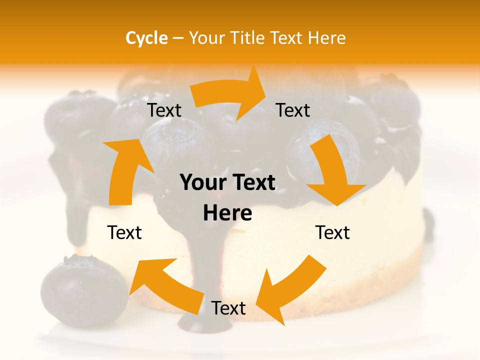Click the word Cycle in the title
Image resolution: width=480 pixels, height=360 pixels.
[146, 38]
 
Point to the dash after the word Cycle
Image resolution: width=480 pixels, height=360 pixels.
[178, 38]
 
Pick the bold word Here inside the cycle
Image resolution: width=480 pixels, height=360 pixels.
[227, 213]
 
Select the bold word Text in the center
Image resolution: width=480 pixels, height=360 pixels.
[253, 183]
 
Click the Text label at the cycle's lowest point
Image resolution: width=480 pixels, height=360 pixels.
[228, 308]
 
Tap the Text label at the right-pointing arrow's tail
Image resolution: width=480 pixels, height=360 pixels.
[164, 110]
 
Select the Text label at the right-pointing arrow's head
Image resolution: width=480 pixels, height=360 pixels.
[293, 110]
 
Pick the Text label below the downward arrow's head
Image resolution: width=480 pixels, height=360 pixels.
[332, 232]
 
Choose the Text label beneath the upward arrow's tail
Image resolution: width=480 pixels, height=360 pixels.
[124, 232]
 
